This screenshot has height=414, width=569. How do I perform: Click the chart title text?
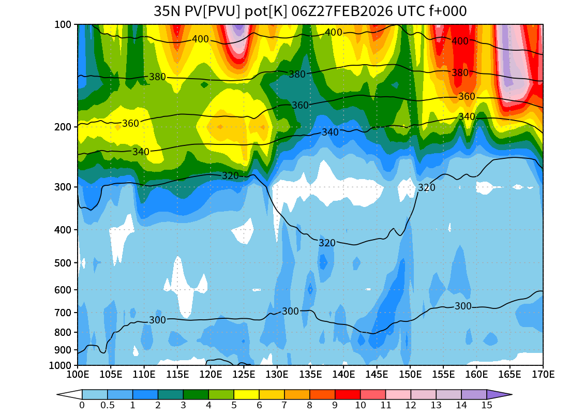(x=310, y=11)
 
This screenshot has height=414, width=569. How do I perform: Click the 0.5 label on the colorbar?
(x=108, y=405)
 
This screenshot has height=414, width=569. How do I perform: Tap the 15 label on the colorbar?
(x=487, y=405)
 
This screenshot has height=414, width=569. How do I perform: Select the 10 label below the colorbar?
(x=360, y=405)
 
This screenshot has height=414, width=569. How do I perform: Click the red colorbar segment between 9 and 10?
(x=348, y=394)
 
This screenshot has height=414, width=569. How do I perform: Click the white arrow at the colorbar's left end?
(x=69, y=394)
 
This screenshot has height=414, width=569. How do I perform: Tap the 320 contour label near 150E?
(x=427, y=187)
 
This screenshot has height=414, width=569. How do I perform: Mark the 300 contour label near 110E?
(x=157, y=320)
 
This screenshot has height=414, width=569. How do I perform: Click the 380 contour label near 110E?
(x=157, y=77)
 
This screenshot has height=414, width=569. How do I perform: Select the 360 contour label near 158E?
(x=467, y=97)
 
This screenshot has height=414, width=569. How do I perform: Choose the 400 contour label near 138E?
(x=334, y=33)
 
